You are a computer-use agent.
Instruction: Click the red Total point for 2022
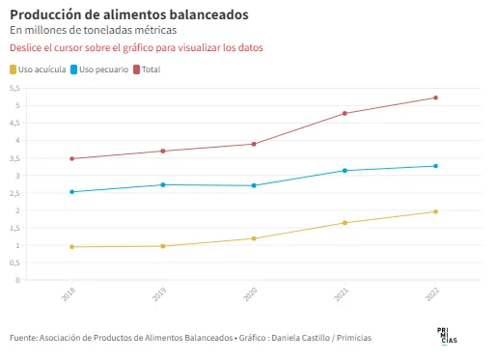click(435, 97)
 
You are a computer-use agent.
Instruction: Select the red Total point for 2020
click(254, 144)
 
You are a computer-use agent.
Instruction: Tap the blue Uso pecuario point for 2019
click(163, 184)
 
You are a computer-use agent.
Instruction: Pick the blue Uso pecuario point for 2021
click(345, 171)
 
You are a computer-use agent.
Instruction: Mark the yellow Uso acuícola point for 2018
click(71, 247)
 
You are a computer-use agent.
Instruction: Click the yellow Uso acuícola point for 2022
click(435, 211)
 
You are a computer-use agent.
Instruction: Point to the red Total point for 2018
click(71, 158)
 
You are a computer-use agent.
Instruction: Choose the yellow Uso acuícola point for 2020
click(254, 238)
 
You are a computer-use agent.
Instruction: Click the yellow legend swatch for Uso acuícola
click(13, 69)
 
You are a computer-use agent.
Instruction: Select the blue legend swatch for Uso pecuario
click(74, 69)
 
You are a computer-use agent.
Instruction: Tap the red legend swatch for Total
click(137, 69)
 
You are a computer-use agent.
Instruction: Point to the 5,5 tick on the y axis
click(14, 88)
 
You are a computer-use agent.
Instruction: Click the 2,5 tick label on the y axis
click(14, 193)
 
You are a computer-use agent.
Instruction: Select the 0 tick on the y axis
click(17, 280)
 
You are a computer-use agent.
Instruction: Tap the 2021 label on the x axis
click(341, 294)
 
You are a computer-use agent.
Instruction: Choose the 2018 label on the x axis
click(69, 294)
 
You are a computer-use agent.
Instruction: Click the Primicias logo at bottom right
click(447, 336)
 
